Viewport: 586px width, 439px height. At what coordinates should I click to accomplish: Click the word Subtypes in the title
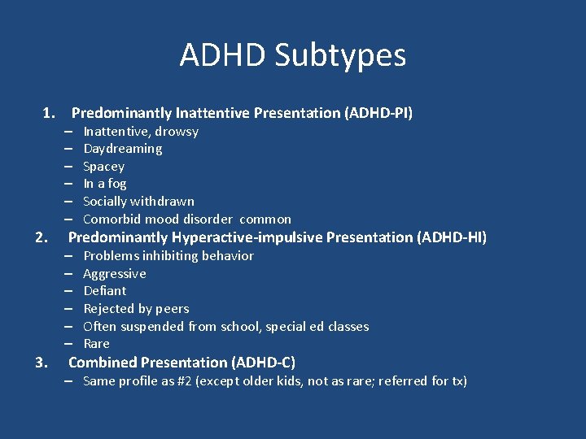(340, 56)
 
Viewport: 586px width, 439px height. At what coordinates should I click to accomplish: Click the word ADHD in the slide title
(222, 56)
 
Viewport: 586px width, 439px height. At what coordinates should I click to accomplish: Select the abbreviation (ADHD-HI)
(451, 237)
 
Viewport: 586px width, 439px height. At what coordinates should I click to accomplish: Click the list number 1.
(49, 113)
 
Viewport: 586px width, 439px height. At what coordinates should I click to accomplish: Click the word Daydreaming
(123, 149)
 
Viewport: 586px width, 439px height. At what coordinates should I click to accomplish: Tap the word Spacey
(103, 167)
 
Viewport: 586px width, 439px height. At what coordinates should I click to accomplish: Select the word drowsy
(177, 132)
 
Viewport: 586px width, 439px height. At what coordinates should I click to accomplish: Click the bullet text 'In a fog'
(105, 184)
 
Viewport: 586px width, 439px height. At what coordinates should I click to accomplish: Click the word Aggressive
(115, 274)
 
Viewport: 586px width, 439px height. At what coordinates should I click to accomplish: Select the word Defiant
(105, 291)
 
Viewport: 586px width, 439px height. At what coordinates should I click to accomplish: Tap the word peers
(171, 309)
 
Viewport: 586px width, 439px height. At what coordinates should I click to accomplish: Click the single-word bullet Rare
(96, 344)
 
